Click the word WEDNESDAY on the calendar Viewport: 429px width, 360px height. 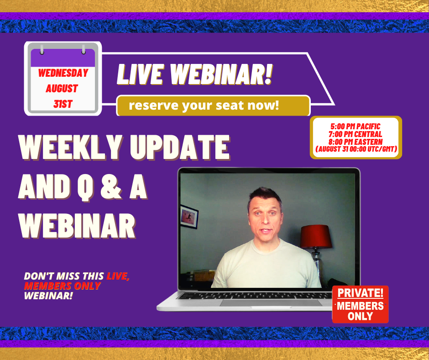click(x=63, y=73)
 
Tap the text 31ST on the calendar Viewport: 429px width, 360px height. click(x=63, y=104)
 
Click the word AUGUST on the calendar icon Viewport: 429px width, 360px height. click(x=62, y=89)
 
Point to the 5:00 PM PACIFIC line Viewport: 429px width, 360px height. click(x=356, y=126)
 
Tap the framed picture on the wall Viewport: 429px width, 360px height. click(x=189, y=217)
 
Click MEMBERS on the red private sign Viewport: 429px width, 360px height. click(x=360, y=306)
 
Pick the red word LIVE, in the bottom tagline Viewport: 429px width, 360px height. click(x=118, y=276)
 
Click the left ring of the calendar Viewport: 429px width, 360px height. click(x=42, y=49)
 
